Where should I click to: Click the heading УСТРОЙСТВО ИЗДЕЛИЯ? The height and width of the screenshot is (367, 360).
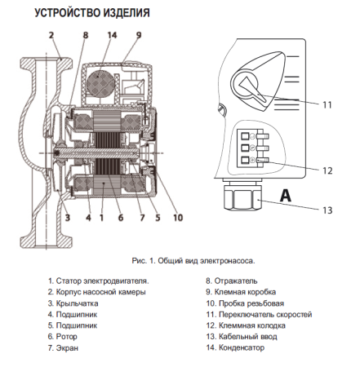click(x=91, y=13)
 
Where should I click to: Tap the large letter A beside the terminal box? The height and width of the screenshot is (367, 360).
click(x=286, y=195)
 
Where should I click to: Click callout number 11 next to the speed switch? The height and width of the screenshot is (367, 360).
click(x=327, y=105)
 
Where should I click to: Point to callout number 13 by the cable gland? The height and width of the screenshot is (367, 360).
click(x=327, y=210)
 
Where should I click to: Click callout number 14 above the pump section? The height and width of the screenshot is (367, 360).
click(x=112, y=35)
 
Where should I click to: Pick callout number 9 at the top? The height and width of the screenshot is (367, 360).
click(x=139, y=35)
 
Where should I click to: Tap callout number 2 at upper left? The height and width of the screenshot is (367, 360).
click(x=51, y=35)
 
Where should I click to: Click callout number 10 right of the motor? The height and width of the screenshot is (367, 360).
click(x=178, y=217)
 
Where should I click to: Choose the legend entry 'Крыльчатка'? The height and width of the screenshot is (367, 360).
click(x=75, y=303)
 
